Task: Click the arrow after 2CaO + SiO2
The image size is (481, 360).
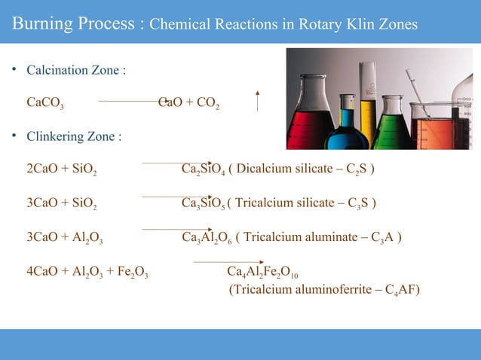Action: coord(165,162)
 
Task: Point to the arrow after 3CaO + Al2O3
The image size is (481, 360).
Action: coord(165,228)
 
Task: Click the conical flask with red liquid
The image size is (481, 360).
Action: coord(310,113)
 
